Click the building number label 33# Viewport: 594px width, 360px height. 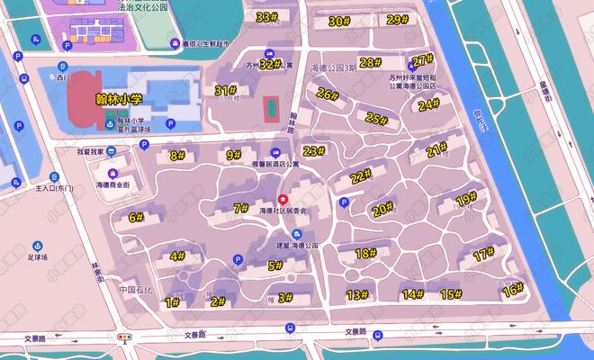coord(266,17)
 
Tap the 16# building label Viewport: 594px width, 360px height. coord(512,290)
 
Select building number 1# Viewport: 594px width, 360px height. coord(172,303)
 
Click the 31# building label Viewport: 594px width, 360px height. coord(226,90)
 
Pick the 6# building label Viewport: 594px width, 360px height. coord(137,217)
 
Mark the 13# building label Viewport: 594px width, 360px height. coord(358,294)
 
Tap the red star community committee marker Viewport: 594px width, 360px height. coord(283,199)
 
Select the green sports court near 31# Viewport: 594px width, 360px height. coord(270,109)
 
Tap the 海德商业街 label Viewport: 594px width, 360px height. coord(113,184)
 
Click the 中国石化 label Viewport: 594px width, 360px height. coord(137,290)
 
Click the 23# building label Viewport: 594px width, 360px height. coord(313,151)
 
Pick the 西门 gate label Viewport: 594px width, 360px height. coord(62,78)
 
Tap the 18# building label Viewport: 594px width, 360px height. coord(365,254)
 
